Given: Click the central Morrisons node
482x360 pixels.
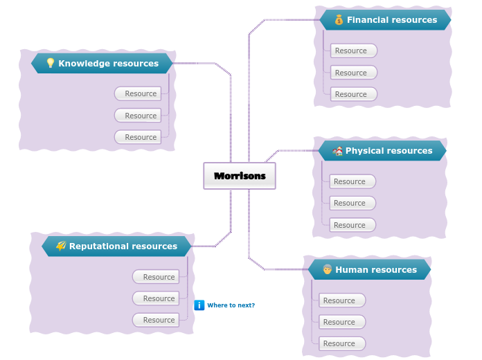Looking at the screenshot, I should (240, 176).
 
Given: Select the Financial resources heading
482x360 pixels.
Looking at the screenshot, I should (391, 20).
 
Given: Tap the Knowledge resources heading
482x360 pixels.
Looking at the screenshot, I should (108, 64).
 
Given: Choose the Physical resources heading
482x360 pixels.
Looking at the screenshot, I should (389, 151).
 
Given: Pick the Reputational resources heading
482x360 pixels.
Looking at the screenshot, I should (123, 246).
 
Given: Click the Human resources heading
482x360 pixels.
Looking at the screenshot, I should (376, 270).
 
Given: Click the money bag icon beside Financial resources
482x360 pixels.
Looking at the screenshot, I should (339, 20).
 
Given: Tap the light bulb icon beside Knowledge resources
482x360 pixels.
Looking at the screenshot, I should (50, 64).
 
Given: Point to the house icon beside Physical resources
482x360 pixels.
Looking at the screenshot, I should (337, 151).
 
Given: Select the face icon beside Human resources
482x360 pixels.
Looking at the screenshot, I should (327, 270).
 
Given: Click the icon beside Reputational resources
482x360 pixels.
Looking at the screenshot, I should (61, 246).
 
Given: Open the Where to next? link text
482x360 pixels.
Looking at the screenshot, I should (231, 305).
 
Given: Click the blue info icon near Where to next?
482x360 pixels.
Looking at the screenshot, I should (199, 305).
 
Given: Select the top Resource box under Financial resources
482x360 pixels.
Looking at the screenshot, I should (353, 51).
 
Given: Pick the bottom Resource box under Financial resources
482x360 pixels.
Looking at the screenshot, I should (353, 94).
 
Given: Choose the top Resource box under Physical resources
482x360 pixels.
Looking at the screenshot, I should (352, 181).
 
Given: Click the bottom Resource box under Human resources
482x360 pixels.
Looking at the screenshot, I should (341, 343).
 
